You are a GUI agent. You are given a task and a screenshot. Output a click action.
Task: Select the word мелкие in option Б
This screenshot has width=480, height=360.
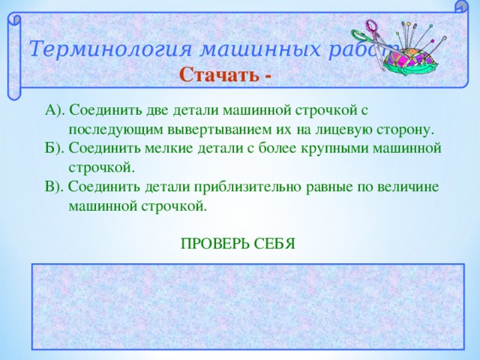[x=153, y=148]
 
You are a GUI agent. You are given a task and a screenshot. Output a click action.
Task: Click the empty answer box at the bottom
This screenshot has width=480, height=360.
[x=248, y=306]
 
